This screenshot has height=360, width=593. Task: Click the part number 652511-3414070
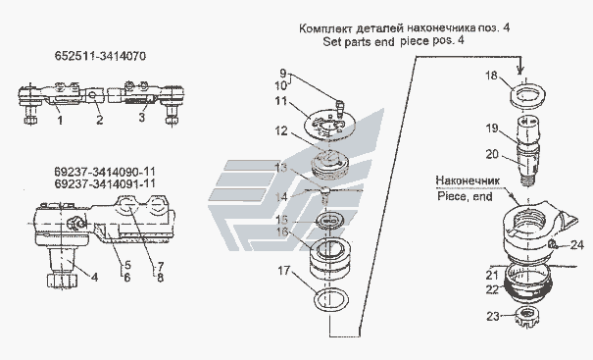[x=100, y=57]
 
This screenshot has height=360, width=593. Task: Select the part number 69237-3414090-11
[x=105, y=173]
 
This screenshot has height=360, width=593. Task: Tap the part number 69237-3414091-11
[x=105, y=183]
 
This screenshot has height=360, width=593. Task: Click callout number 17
[x=284, y=271]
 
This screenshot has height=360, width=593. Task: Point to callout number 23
[x=493, y=316]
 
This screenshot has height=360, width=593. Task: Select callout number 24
[x=576, y=245]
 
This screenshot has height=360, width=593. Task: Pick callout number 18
[x=491, y=76]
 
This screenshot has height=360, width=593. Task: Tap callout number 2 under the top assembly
[x=99, y=120]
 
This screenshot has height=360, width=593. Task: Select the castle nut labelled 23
[x=527, y=318]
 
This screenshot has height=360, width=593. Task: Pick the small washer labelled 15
[x=329, y=221]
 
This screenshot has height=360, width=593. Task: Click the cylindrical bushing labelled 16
[x=329, y=257]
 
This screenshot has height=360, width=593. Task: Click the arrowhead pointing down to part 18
[x=520, y=70]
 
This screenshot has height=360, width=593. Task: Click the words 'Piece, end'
[x=465, y=196]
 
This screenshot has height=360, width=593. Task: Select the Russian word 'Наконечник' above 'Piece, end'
[x=468, y=180]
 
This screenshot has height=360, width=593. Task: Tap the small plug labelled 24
[x=552, y=244]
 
